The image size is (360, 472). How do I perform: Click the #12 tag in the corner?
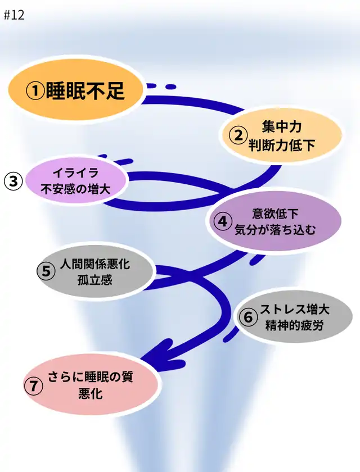pyautogui.click(x=14, y=15)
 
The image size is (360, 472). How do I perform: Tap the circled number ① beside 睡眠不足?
pyautogui.click(x=37, y=91)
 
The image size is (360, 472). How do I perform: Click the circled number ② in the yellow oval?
pyautogui.click(x=238, y=135)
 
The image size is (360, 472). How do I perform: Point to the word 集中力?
pyautogui.click(x=282, y=127)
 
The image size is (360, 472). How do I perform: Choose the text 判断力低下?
pyautogui.click(x=282, y=145)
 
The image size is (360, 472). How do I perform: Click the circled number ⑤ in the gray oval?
pyautogui.click(x=47, y=271)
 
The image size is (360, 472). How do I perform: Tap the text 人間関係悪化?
pyautogui.click(x=95, y=263)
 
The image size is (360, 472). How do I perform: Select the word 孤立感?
pyautogui.click(x=95, y=279)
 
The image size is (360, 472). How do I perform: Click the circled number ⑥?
pyautogui.click(x=247, y=317)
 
